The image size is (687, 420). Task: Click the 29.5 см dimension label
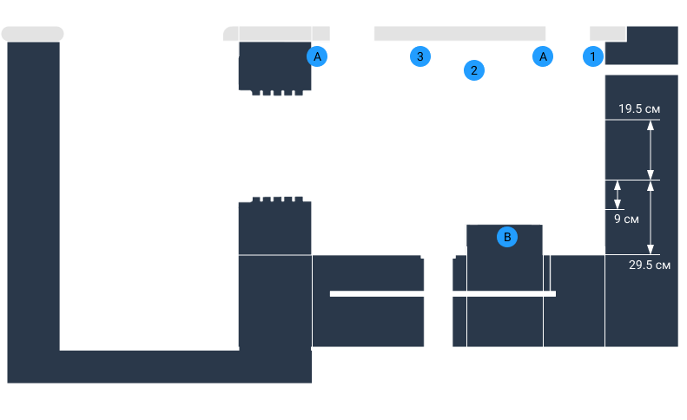pos(649,265)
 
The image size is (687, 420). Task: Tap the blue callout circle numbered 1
pos(593,56)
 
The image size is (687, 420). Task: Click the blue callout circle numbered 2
pos(474,70)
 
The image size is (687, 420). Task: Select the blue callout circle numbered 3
pos(419,56)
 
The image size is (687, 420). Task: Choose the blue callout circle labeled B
pos(508,235)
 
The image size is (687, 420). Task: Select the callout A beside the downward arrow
pos(318,56)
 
